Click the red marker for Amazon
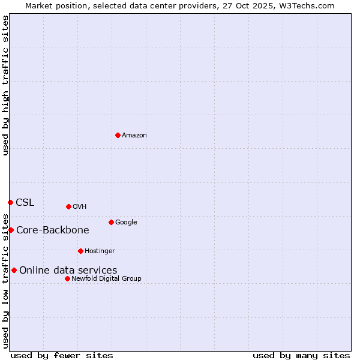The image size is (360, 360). [x=118, y=135]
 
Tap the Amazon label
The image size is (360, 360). [x=134, y=135]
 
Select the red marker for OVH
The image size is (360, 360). [x=68, y=206]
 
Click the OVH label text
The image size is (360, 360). [x=80, y=206]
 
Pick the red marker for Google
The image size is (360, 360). [x=111, y=222]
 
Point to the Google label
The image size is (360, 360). [x=126, y=222]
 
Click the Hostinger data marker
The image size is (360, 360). [x=80, y=251]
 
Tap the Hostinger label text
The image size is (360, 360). [x=100, y=251]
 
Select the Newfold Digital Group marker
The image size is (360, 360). [x=67, y=278]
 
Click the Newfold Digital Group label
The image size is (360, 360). [x=106, y=278]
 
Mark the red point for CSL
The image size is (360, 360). [x=10, y=202]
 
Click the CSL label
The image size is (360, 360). [x=25, y=202]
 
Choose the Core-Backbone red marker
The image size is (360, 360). [x=11, y=230]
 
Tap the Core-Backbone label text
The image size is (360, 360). [x=53, y=230]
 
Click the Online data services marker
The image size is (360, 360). [x=14, y=270]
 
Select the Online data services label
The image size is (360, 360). [x=68, y=270]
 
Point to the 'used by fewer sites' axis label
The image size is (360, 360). [x=62, y=355]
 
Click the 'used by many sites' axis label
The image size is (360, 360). [x=301, y=355]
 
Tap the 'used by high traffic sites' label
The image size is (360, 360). [x=5, y=86]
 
